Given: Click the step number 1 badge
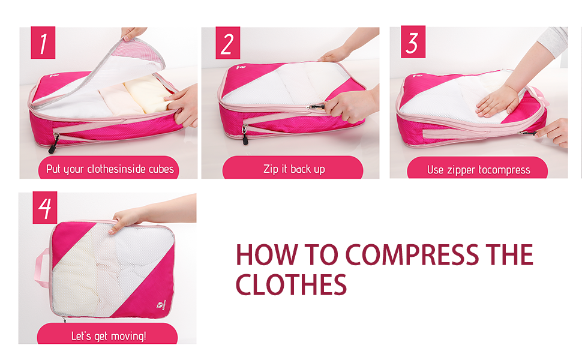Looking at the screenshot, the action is pos(43,43).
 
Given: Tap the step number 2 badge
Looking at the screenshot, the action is pos(227,43).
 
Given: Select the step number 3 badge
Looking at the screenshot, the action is pos(413,42).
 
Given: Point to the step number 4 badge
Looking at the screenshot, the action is pos(45,208).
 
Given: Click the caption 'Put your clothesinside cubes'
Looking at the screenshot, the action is pos(110,169).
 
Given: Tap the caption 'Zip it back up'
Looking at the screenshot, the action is pos(294,169).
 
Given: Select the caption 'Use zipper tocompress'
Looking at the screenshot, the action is pos(478,170).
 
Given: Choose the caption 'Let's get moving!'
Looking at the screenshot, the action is pos(109,336).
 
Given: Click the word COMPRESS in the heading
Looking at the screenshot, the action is pos(412,254).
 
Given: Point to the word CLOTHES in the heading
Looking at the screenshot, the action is pos(291,284).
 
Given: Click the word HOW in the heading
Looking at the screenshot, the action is pos(267,254).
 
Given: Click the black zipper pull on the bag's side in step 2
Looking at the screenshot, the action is pos(245,135).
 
